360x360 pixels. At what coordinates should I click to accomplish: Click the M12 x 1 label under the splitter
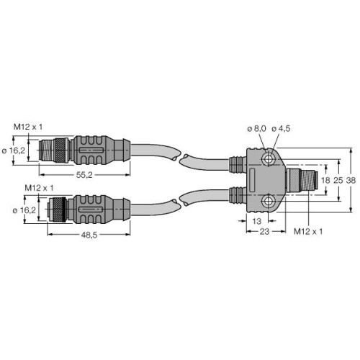click(309, 232)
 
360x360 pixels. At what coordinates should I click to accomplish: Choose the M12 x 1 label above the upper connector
click(28, 127)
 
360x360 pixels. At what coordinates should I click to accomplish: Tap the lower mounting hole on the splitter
click(268, 202)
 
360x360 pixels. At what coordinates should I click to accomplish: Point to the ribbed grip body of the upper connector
click(94, 150)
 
